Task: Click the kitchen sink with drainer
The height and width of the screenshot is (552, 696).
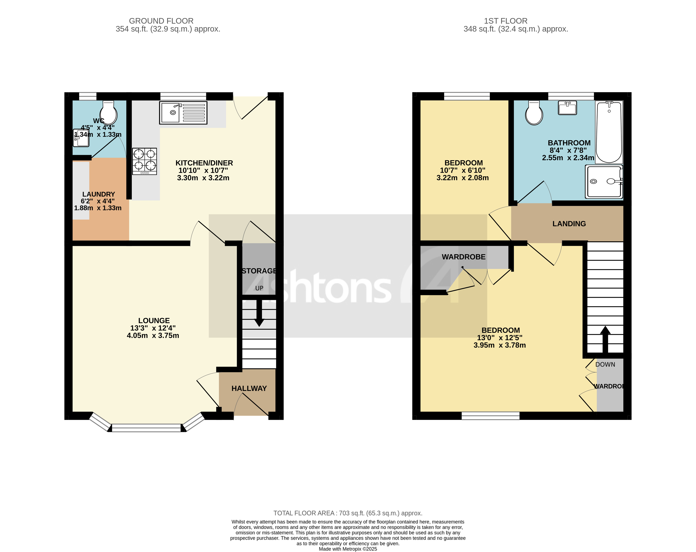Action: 183,113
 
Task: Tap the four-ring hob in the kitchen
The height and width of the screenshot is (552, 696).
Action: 144,161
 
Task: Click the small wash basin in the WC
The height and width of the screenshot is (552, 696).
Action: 81,138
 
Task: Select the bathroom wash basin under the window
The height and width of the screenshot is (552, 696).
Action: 567,108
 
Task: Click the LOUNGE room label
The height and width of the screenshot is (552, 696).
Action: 154,321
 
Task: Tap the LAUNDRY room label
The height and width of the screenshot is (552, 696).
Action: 98,194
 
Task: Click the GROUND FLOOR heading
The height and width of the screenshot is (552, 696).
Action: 161,21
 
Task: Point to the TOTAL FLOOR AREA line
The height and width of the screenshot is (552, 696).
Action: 348,513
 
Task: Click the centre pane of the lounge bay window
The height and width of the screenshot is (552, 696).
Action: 146,428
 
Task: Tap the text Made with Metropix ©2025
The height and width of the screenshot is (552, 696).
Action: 348,549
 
